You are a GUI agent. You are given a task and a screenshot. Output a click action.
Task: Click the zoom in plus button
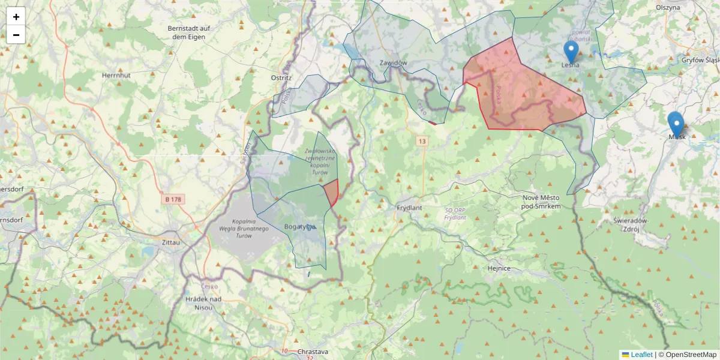point(16,17)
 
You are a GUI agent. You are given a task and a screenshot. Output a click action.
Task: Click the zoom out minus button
point(16,35)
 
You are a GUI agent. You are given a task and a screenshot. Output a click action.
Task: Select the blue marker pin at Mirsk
point(676,124)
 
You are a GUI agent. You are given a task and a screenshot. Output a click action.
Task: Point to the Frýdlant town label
point(410,208)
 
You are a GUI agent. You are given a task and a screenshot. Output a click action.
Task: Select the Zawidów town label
point(394,62)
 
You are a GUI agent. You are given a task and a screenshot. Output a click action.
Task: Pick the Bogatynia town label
point(299,227)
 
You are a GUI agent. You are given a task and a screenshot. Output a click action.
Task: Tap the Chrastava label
point(313,352)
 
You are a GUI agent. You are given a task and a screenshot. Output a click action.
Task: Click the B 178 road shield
point(173,199)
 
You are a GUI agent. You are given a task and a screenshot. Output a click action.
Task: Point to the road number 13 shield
point(423,141)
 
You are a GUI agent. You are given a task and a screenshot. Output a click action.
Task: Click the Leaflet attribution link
point(641,355)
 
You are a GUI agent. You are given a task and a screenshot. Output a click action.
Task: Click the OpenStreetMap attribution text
point(690,355)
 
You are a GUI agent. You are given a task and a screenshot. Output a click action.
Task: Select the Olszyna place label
point(668,7)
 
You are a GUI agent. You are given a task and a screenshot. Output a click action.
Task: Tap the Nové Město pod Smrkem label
point(541,202)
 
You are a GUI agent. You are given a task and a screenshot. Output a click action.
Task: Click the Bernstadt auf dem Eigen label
point(188,32)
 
